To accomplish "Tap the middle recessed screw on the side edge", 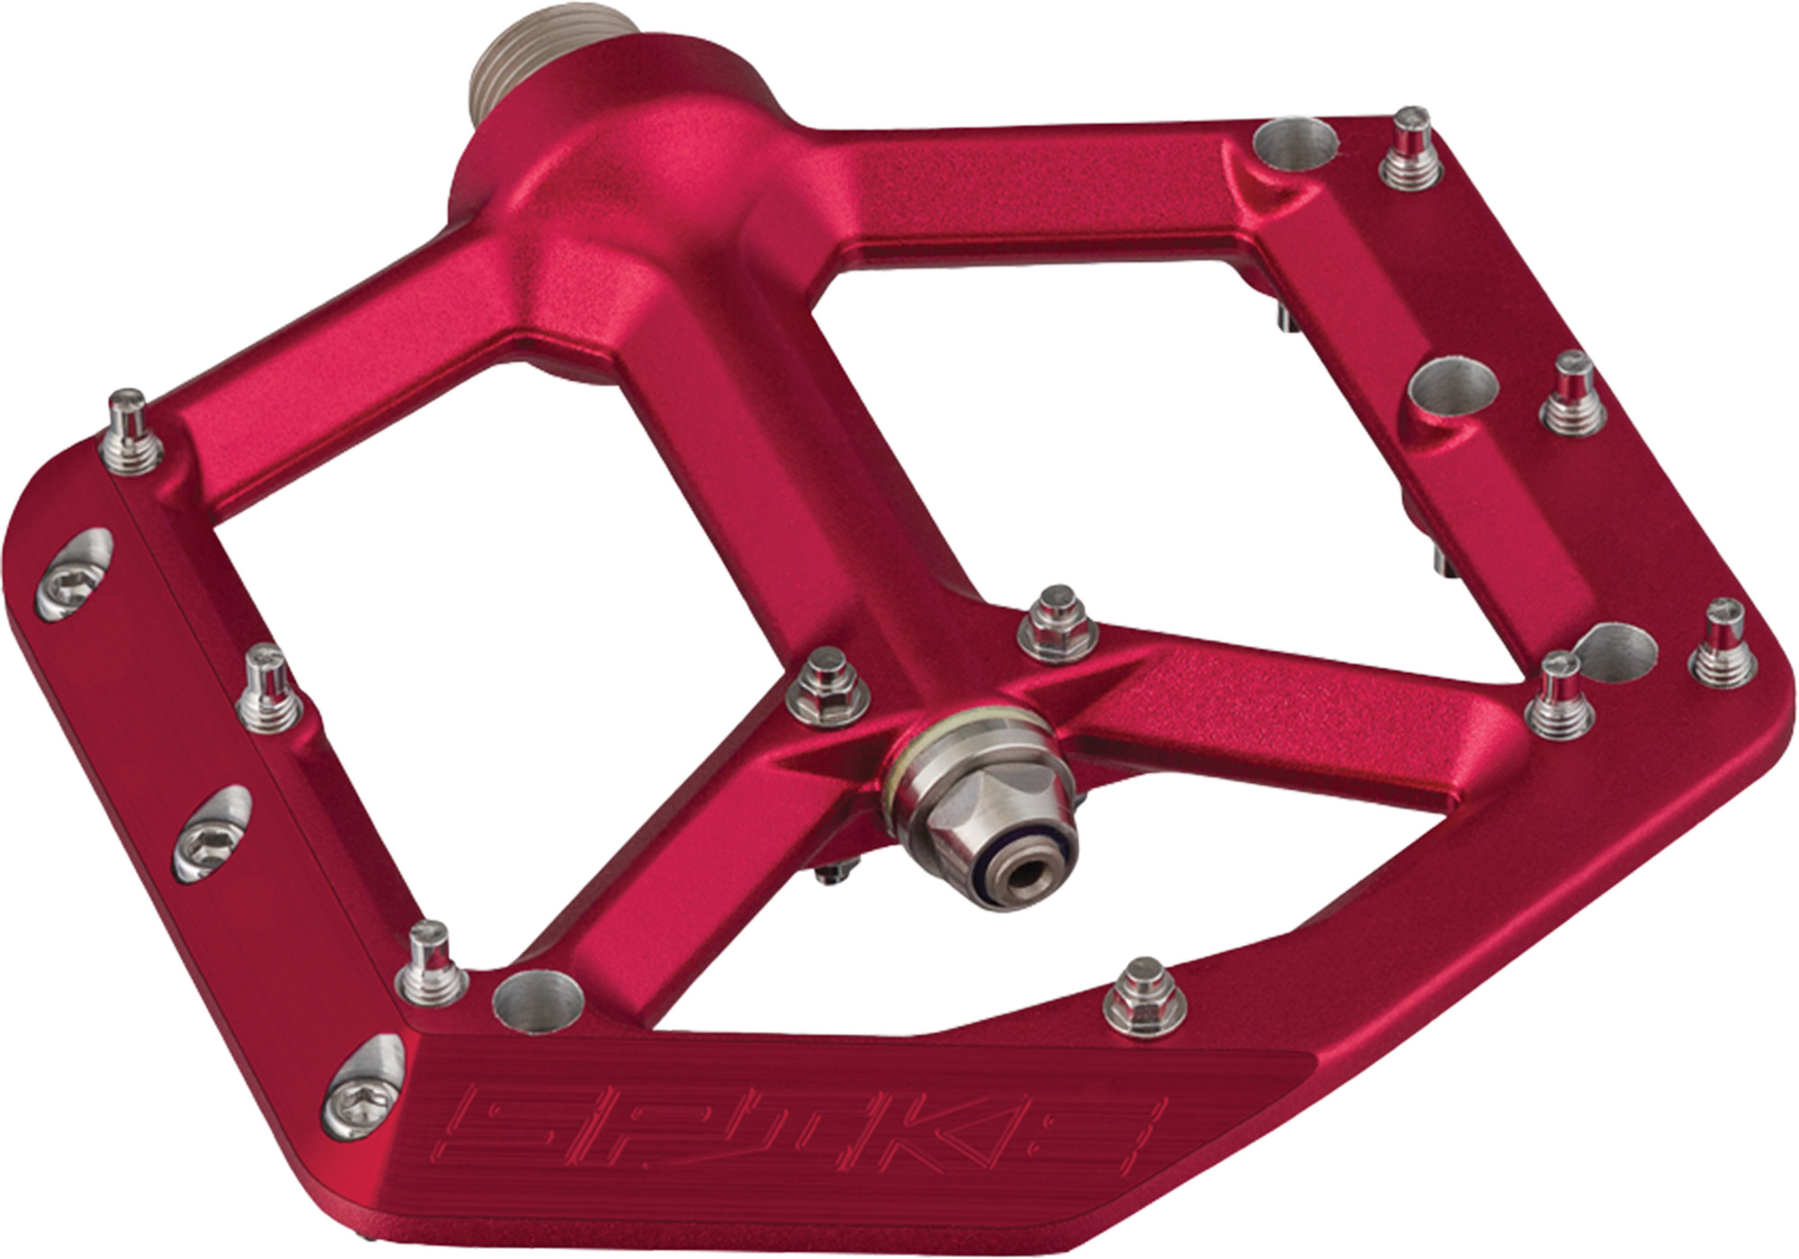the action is (211, 835).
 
